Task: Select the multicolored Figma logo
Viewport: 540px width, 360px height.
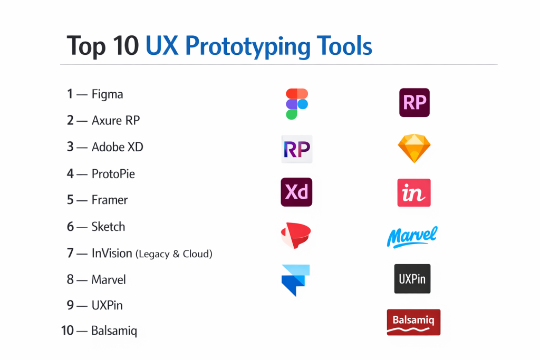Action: pos(297,104)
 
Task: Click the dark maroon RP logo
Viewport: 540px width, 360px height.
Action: pos(414,103)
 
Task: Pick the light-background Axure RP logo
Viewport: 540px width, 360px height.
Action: pos(297,149)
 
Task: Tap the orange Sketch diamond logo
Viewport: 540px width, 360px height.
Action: pos(414,148)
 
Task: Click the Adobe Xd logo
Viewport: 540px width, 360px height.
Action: pos(296,192)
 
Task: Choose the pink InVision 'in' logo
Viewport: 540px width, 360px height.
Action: pos(414,193)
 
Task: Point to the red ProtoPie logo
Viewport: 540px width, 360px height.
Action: pos(296,236)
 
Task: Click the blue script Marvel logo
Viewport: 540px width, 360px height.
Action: pos(412,237)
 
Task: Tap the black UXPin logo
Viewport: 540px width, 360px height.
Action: pos(412,279)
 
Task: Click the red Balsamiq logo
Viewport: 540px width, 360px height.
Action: pos(413,323)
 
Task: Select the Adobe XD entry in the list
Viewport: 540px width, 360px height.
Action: pos(117,147)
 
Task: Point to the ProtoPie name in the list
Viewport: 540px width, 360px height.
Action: pos(113,174)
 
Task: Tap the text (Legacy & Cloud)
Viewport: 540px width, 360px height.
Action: pos(174,254)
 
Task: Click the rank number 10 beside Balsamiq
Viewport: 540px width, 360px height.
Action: pos(67,330)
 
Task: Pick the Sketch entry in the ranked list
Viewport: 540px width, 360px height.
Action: pos(108,227)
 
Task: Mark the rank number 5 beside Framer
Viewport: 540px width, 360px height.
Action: pos(70,200)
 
